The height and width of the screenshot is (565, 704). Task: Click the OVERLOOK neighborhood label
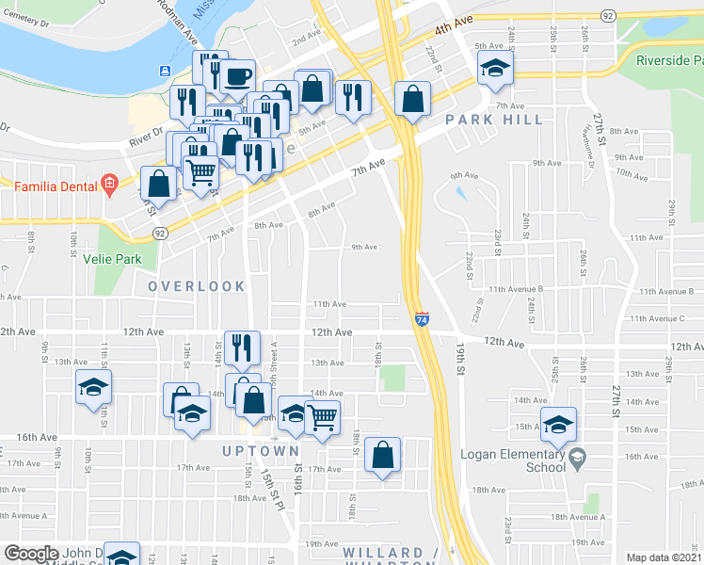pyautogui.click(x=196, y=285)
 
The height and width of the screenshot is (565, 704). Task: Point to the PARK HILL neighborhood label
pyautogui.click(x=495, y=120)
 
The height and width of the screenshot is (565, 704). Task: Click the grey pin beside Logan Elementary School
pyautogui.click(x=577, y=459)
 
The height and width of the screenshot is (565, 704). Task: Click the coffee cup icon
pyautogui.click(x=237, y=76)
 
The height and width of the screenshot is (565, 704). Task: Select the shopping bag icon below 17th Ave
pyautogui.click(x=383, y=456)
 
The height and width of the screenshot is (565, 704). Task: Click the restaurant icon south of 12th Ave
pyautogui.click(x=242, y=347)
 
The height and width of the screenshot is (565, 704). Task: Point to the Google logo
pyautogui.click(x=31, y=554)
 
